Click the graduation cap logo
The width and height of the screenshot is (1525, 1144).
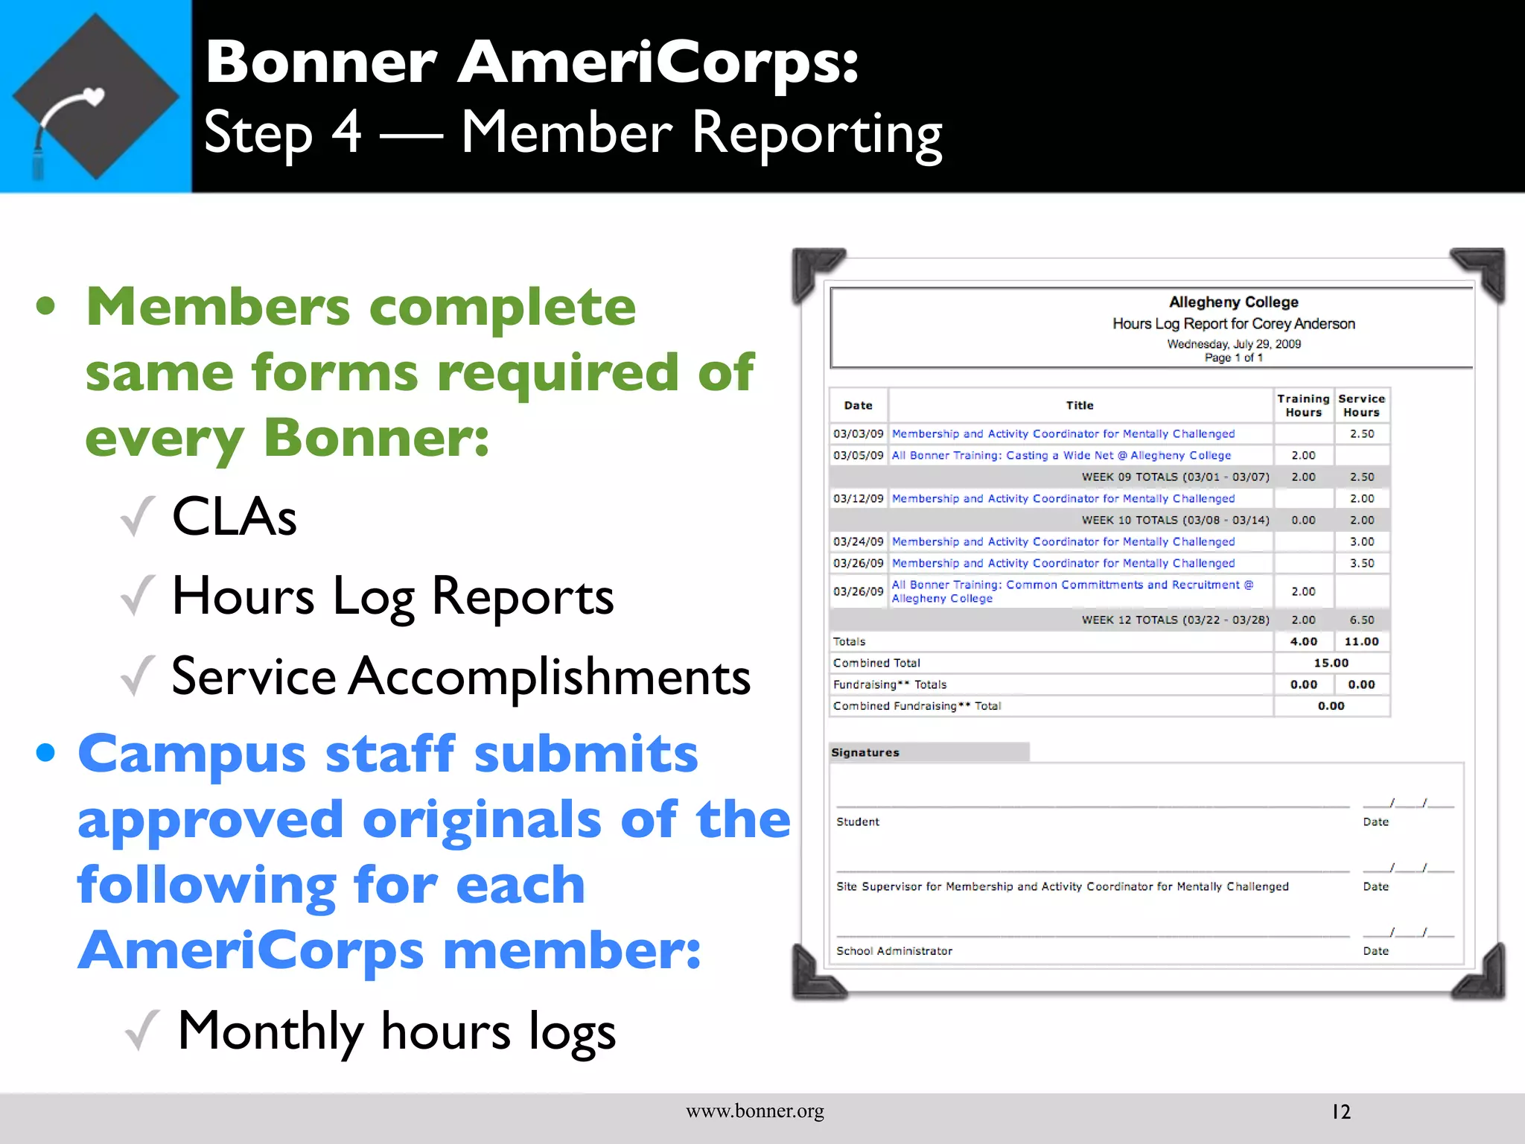[x=95, y=97]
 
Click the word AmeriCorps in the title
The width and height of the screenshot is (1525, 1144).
[x=658, y=63]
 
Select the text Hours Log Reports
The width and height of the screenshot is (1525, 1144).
[x=392, y=597]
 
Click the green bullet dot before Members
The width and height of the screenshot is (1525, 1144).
[x=46, y=306]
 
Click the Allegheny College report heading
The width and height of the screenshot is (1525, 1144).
[x=1233, y=302]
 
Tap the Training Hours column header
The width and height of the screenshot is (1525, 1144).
[x=1303, y=405]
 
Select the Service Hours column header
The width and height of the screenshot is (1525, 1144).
[x=1361, y=405]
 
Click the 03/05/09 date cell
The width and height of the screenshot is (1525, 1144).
[x=858, y=455]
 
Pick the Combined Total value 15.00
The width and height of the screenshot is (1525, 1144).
[x=1331, y=663]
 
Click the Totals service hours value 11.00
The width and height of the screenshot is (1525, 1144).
[x=1361, y=641]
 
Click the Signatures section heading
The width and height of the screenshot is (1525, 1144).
[x=865, y=752]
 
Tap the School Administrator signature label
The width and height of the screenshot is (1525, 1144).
[x=894, y=951]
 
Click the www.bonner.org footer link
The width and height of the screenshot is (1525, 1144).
[x=755, y=1111]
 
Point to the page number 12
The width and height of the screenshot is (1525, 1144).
[x=1340, y=1112]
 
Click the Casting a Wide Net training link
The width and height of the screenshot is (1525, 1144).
[x=1061, y=455]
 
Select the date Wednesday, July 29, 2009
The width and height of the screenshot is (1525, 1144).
[x=1233, y=344]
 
